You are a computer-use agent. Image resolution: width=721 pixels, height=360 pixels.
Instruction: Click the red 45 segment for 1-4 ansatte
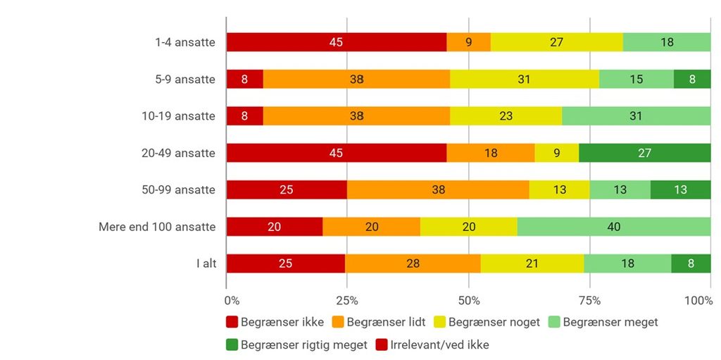tap(336, 42)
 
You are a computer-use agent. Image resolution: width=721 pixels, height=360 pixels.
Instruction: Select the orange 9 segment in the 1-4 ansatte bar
tap(468, 42)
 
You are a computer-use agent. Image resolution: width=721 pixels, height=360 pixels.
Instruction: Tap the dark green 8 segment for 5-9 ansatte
tap(692, 79)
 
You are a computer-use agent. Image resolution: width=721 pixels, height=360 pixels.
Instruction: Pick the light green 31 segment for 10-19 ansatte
tap(637, 116)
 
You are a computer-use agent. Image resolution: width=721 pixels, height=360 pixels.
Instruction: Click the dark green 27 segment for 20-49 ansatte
tap(645, 153)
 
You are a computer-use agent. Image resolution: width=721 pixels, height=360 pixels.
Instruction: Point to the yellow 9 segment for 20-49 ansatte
tap(557, 153)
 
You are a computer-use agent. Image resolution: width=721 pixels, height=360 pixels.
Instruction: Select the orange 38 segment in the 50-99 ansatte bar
tap(438, 190)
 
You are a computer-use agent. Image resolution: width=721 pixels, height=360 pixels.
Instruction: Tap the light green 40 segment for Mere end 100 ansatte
tap(614, 226)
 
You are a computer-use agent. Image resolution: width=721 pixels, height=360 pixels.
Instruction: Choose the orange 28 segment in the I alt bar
tap(413, 263)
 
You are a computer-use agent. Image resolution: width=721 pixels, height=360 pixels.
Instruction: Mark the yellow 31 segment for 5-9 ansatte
tap(524, 79)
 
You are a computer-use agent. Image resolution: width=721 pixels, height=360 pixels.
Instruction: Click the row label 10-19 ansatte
tap(178, 116)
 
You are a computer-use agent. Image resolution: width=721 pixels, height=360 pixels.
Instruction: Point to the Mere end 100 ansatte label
tap(157, 227)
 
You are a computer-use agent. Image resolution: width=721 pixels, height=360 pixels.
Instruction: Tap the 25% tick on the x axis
tap(347, 301)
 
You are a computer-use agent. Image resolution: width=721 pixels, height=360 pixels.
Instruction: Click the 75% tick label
tap(590, 301)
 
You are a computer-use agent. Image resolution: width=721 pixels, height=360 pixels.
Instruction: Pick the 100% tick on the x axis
tap(698, 301)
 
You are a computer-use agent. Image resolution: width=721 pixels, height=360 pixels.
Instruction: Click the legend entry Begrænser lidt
tap(380, 322)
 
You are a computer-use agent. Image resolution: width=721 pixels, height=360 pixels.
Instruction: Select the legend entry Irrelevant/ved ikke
tap(433, 345)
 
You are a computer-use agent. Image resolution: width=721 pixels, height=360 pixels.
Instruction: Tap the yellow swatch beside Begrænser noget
tap(440, 322)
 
